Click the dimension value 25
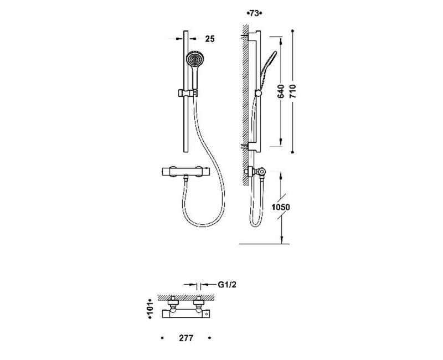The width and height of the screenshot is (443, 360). point(210,39)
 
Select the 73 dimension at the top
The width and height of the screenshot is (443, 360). point(254,13)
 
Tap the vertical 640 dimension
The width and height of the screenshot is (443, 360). point(281,91)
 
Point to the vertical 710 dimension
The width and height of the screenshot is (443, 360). point(292,91)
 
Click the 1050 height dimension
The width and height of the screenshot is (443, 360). point(281,207)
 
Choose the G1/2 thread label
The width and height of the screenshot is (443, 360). point(227,285)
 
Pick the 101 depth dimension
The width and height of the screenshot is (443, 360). point(150,309)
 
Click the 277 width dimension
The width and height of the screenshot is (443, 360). point(186,338)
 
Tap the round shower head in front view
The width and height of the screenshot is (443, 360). point(195,60)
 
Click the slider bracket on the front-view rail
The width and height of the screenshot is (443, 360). point(188,93)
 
